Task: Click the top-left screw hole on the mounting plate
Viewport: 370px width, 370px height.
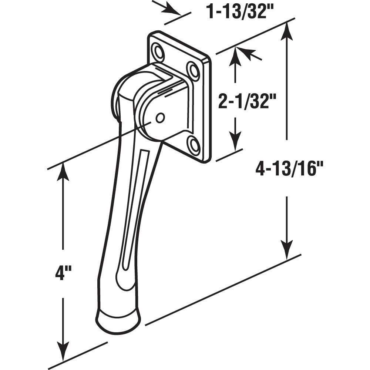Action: tap(158, 52)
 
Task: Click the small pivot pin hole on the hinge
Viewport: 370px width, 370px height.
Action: tap(160, 118)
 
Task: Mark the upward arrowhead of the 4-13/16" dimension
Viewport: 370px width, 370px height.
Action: tap(287, 31)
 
